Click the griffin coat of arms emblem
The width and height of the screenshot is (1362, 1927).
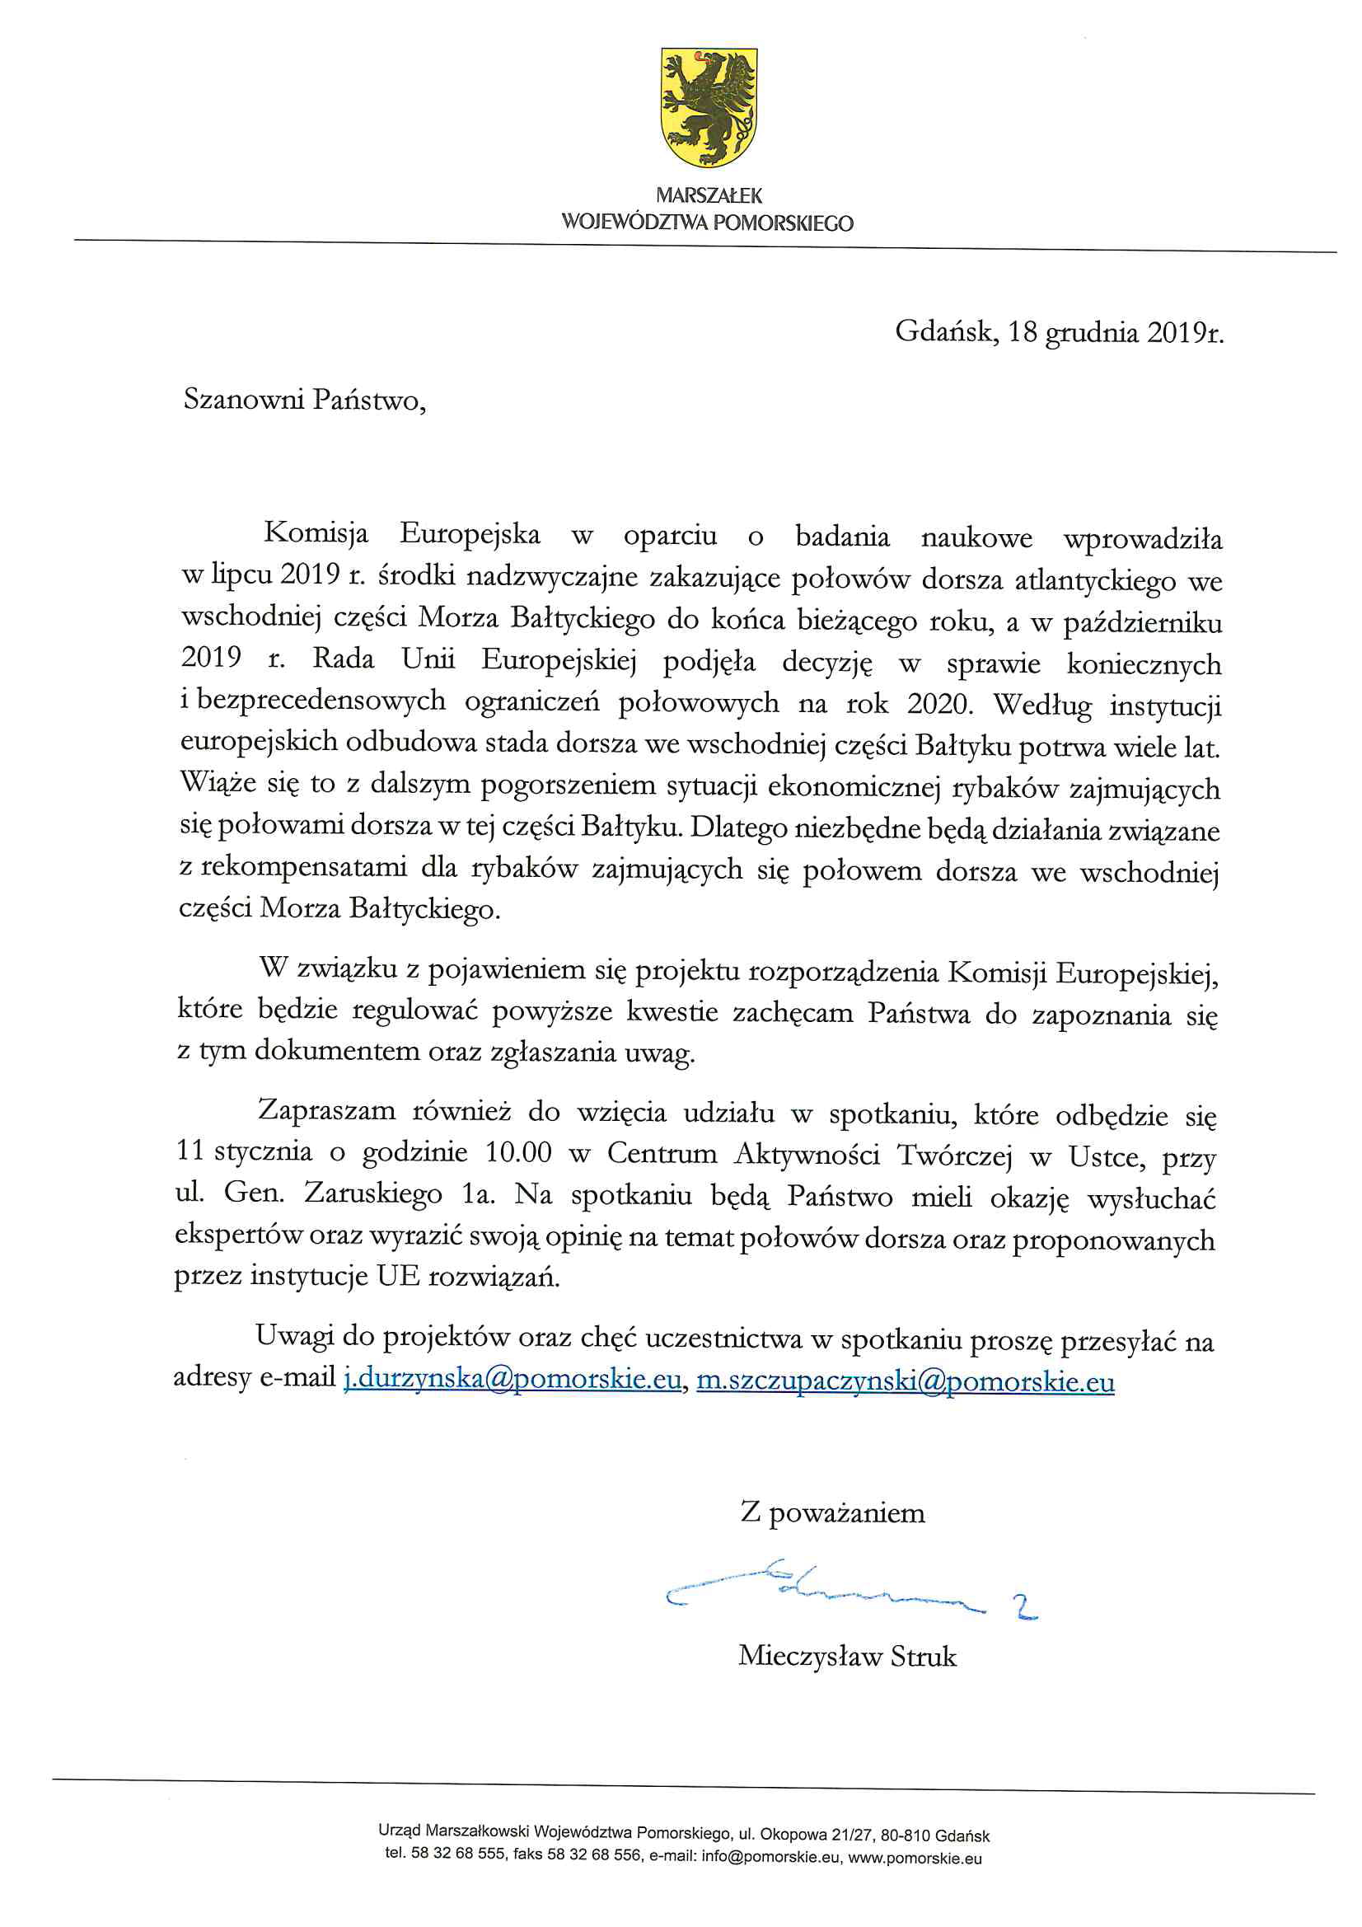[x=709, y=106]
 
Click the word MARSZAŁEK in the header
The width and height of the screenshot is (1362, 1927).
[x=709, y=195]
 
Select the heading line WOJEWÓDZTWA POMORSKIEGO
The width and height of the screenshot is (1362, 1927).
[x=708, y=223]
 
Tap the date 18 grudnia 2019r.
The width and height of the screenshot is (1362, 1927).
[x=1116, y=333]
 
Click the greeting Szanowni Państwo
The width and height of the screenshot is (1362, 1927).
[x=304, y=400]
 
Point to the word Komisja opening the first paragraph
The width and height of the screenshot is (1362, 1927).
[x=316, y=534]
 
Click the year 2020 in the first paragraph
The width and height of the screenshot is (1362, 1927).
[x=939, y=703]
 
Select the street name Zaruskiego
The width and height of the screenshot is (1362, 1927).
[x=372, y=1193]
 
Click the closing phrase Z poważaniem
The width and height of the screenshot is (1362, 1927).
[x=831, y=1513]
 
